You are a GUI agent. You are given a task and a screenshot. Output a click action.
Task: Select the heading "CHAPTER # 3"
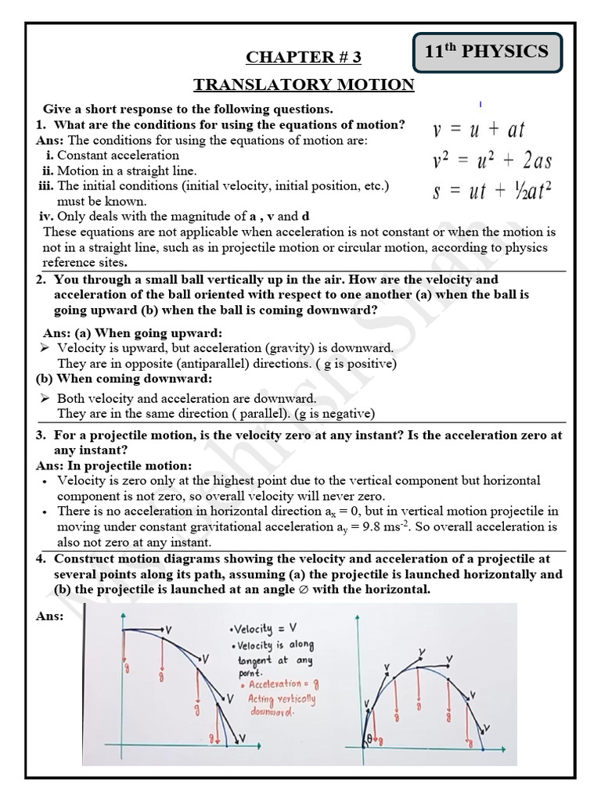[304, 57]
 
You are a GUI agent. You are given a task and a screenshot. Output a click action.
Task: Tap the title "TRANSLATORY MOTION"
[304, 84]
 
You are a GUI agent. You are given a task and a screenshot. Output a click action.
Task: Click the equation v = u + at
[478, 129]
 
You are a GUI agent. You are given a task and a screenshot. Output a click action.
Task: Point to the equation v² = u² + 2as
[491, 160]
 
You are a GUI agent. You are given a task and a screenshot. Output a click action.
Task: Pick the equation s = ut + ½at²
[492, 191]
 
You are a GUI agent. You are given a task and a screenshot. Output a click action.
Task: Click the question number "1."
[41, 125]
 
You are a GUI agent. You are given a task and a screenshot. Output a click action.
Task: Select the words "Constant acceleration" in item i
[118, 155]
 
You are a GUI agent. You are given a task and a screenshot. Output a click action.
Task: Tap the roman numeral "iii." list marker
[46, 185]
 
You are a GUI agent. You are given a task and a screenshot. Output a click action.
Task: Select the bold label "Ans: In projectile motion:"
[113, 465]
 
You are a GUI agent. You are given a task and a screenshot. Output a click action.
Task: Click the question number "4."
[41, 559]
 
